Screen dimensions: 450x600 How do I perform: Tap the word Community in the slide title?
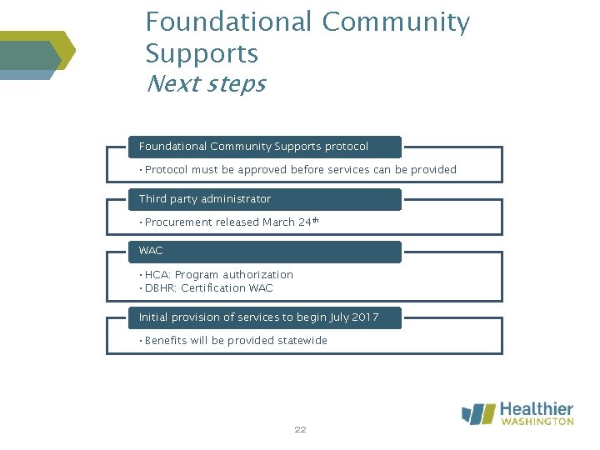(396, 22)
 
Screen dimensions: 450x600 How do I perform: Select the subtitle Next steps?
(205, 84)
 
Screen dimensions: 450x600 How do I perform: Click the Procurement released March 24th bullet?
(232, 222)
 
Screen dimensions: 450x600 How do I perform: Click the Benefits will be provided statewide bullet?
(236, 341)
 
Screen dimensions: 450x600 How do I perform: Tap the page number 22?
(300, 430)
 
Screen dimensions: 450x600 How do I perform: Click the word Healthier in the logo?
(536, 409)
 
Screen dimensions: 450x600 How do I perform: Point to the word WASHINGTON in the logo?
(537, 422)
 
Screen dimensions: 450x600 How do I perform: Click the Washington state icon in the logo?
(478, 414)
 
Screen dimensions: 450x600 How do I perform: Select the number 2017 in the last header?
(364, 317)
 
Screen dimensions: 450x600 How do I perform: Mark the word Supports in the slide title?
(202, 53)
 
